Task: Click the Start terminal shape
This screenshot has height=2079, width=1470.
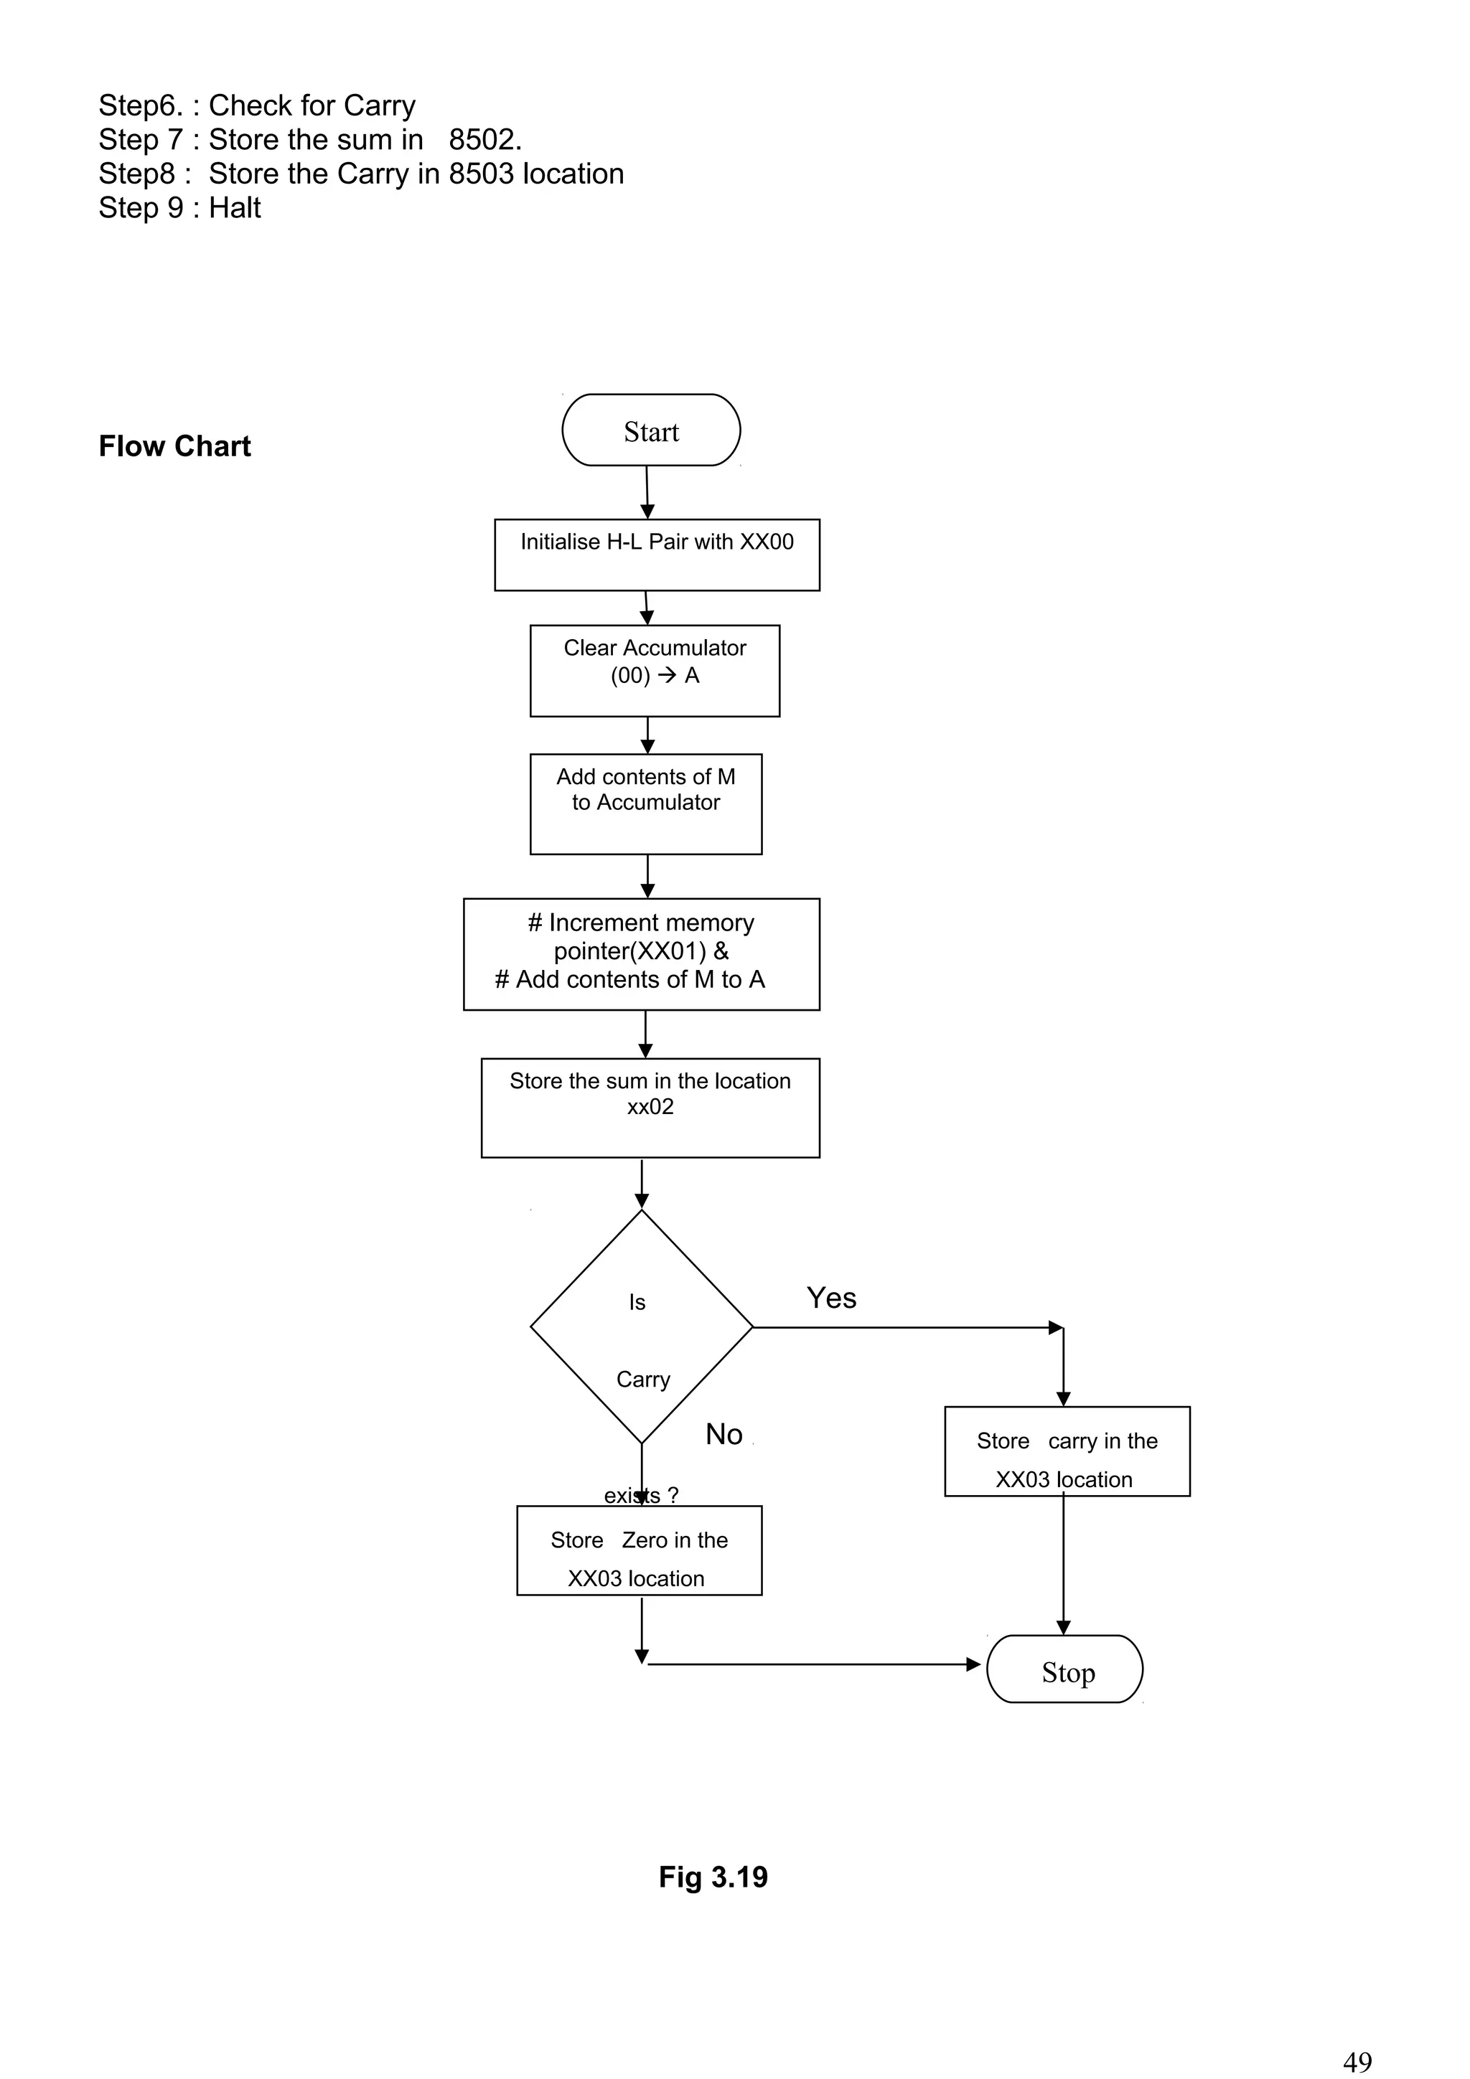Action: click(650, 430)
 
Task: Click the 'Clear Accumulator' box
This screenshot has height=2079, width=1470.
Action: click(654, 670)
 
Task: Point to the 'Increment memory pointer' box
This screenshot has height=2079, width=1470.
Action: click(641, 953)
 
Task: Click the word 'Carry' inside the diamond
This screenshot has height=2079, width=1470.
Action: click(643, 1379)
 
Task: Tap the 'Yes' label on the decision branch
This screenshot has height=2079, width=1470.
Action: click(830, 1298)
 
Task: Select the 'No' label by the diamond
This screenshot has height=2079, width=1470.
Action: click(724, 1434)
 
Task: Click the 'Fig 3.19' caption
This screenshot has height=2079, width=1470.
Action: click(713, 1877)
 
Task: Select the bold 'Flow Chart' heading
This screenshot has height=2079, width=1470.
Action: click(175, 446)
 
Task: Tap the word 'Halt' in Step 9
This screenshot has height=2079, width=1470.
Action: click(235, 208)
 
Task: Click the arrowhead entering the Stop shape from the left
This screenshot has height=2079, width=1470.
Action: click(974, 1664)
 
